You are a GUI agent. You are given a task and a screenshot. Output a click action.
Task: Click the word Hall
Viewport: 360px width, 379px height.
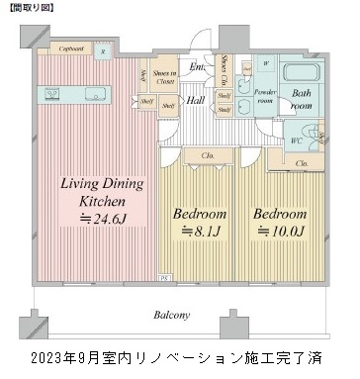coord(197,99)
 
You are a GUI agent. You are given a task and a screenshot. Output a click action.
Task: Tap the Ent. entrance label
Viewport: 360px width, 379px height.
coord(197,67)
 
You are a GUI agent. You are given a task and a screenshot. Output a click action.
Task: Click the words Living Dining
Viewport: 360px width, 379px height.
coord(102,183)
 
